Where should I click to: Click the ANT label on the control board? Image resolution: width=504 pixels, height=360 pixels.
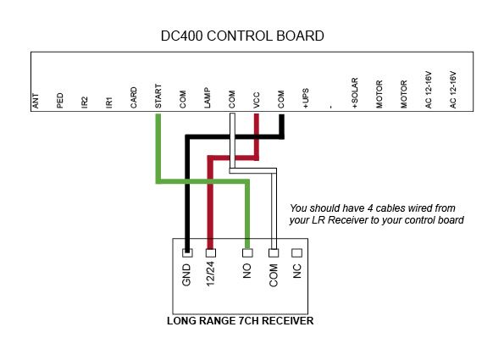point(36,101)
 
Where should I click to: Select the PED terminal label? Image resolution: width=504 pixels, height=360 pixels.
point(60,101)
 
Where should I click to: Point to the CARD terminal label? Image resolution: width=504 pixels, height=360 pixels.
point(134,97)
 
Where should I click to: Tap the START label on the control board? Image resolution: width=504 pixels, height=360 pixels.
point(158,96)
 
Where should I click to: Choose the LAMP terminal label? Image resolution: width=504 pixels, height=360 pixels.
point(208,97)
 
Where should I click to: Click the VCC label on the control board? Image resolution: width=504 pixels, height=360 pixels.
point(256,100)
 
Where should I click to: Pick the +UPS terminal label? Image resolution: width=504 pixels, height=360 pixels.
point(305,98)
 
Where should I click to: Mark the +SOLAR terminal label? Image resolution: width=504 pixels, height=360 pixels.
point(355,93)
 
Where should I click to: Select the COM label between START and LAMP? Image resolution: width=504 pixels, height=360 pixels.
point(183,99)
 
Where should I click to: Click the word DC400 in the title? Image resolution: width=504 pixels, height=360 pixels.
point(181,36)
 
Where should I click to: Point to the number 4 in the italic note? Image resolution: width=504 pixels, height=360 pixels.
point(370,208)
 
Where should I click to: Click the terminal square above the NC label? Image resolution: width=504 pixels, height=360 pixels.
point(296,253)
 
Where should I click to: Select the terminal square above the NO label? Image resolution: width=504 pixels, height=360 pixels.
point(247,253)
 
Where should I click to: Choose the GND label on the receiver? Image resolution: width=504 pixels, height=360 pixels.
point(186,275)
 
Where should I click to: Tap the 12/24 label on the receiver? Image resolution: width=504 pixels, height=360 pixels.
point(210,274)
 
